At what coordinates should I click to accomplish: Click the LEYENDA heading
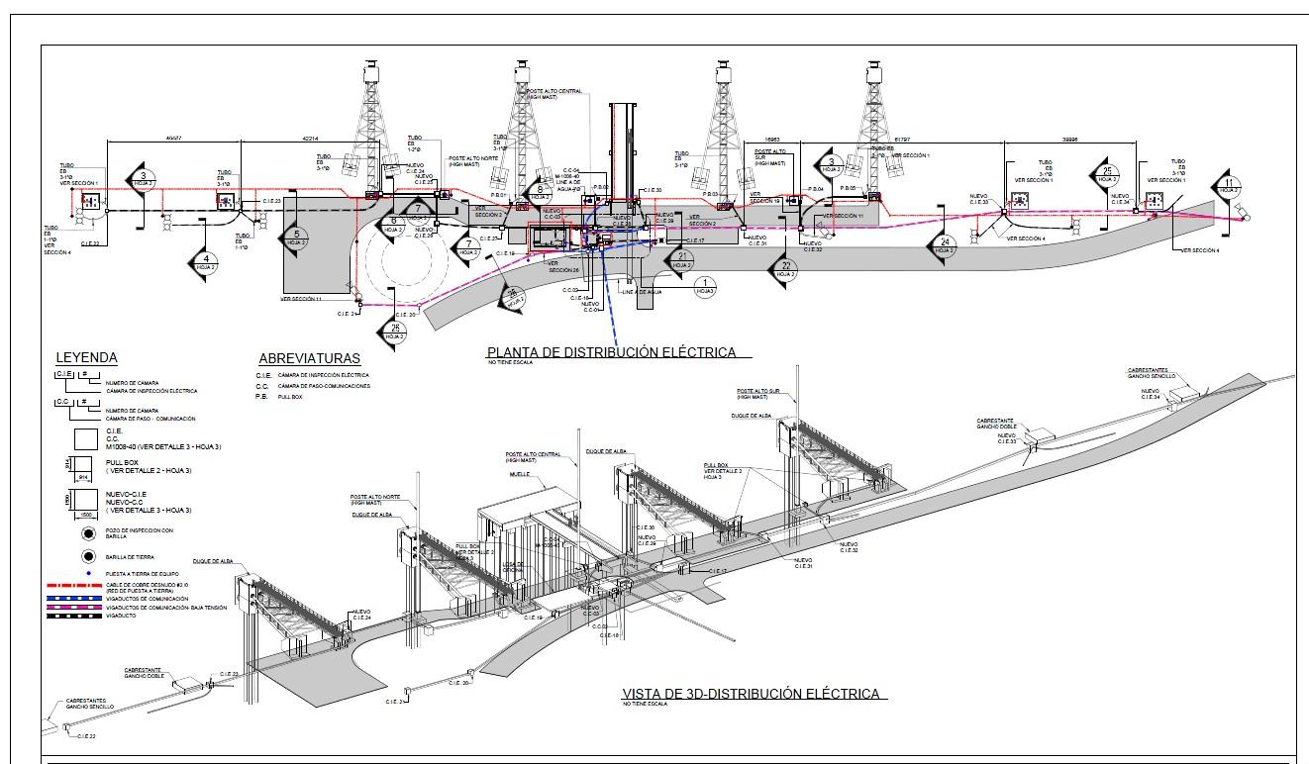86,357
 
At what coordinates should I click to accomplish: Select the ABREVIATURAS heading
309,358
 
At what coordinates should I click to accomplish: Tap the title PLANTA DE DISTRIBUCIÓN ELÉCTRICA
611,351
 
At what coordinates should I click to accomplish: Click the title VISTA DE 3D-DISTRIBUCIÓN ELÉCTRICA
751,694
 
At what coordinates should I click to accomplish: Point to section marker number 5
296,238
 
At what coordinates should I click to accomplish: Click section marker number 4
205,263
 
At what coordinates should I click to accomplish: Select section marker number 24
945,245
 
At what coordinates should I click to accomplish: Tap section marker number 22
786,267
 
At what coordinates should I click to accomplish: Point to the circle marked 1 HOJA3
704,287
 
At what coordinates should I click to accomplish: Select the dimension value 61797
903,140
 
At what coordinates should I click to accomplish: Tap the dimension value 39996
1069,140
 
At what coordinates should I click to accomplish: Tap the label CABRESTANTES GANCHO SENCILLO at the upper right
1152,374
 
